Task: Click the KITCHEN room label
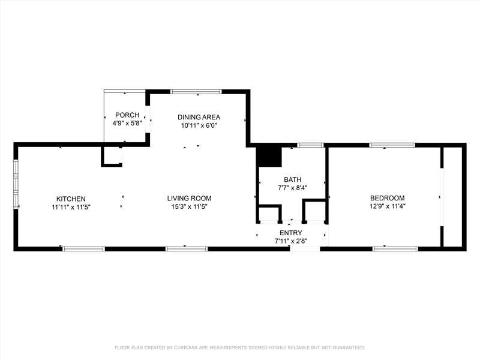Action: [x=71, y=199]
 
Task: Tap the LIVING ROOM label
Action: [x=189, y=199]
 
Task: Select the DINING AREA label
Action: [x=199, y=117]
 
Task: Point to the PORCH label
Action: [x=127, y=115]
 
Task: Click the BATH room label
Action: [x=292, y=179]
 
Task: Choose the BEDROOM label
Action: [x=387, y=198]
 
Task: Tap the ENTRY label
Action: [x=291, y=233]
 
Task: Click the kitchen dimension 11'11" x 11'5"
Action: [x=71, y=207]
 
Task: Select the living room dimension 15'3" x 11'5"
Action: [x=189, y=206]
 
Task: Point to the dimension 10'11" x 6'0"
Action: [x=199, y=125]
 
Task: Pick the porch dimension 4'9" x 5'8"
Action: [x=127, y=124]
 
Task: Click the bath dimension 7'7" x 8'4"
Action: [x=292, y=188]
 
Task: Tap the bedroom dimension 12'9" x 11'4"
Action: [x=387, y=206]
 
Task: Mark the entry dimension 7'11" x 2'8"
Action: [x=291, y=241]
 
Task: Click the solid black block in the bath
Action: [x=268, y=157]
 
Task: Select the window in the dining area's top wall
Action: [x=196, y=92]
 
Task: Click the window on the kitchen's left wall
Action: [x=16, y=184]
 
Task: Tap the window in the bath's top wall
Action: [x=310, y=145]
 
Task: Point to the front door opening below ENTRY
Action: [x=305, y=249]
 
